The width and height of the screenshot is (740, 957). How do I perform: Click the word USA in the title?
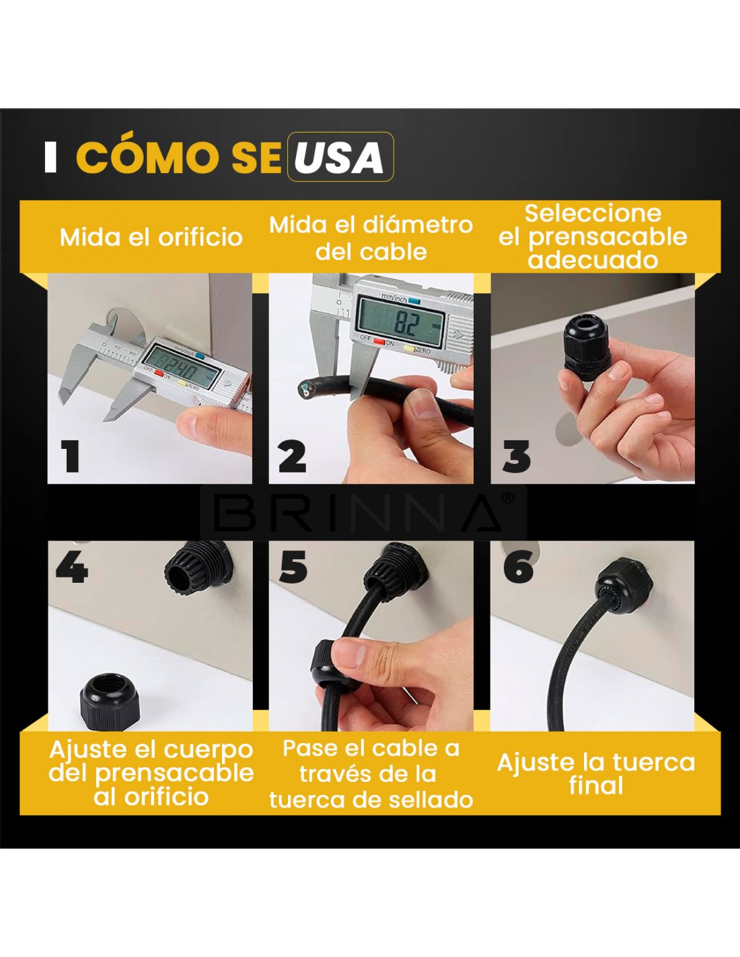pos(340,157)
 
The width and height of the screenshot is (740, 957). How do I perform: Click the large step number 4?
pos(72,568)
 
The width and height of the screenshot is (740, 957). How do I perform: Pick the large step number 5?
pos(293,568)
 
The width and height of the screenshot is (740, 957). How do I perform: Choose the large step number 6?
pos(518,568)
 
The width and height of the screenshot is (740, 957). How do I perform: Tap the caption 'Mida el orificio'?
pos(151,238)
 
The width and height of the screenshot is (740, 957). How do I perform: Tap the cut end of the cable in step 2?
pos(305,388)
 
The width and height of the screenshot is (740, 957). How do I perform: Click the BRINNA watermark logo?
pos(363,512)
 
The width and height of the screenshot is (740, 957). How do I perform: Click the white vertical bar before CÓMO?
pos(50,157)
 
